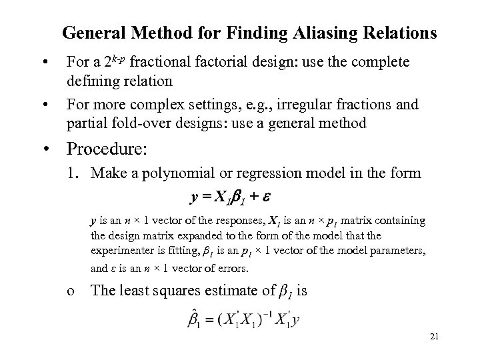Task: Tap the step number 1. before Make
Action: coord(72,174)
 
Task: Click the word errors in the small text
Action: coord(232,269)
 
